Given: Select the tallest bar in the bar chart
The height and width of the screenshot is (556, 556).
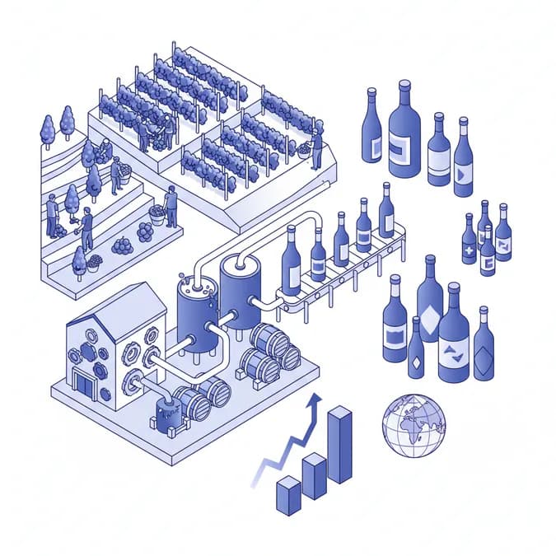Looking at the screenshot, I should pos(339,445).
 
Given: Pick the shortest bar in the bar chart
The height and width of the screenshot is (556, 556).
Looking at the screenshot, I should pos(288,495).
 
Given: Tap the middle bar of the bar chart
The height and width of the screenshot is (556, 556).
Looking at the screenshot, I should pos(314,476).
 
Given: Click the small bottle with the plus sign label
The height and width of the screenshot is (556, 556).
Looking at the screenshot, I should pos(469,241).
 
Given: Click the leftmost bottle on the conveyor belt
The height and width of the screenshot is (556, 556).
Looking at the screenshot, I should pos(291,262).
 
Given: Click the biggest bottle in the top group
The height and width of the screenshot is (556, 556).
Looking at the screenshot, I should pos(404,132).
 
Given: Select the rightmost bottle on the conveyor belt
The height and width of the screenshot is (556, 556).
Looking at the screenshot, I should pos(386,212).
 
